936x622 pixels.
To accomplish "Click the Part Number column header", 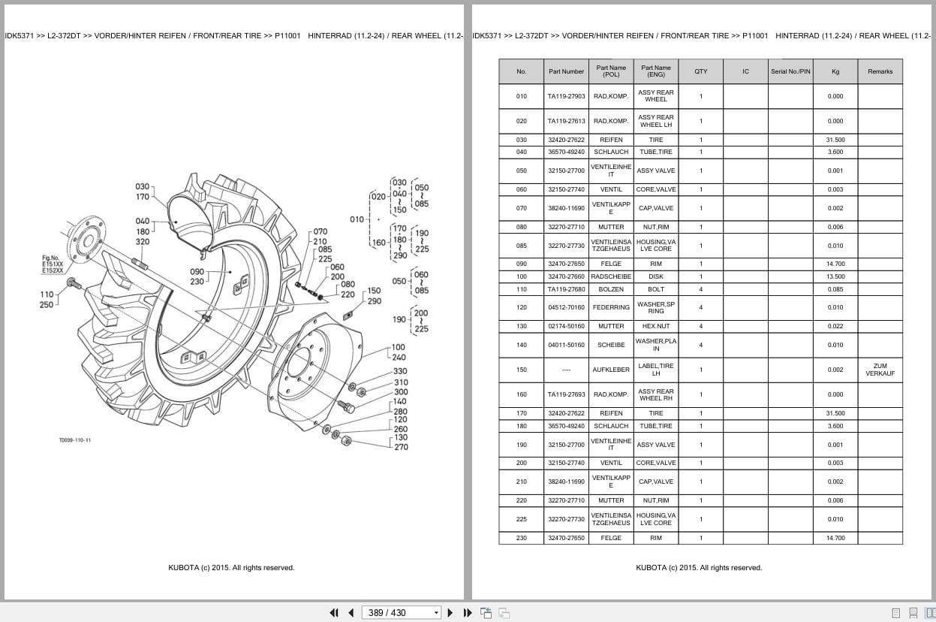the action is [x=566, y=71].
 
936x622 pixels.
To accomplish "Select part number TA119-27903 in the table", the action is [x=566, y=96].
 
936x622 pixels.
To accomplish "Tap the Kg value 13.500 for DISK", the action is [x=835, y=276].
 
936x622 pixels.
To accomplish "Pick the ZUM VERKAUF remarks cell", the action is [x=880, y=370].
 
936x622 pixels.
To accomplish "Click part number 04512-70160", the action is [x=566, y=307].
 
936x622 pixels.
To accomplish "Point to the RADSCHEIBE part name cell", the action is [x=611, y=276].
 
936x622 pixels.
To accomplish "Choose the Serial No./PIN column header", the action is [x=790, y=71].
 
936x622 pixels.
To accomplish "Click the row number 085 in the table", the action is [x=521, y=246].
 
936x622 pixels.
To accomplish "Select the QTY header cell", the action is [x=701, y=71].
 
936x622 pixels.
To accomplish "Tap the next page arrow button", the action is [x=450, y=613].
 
